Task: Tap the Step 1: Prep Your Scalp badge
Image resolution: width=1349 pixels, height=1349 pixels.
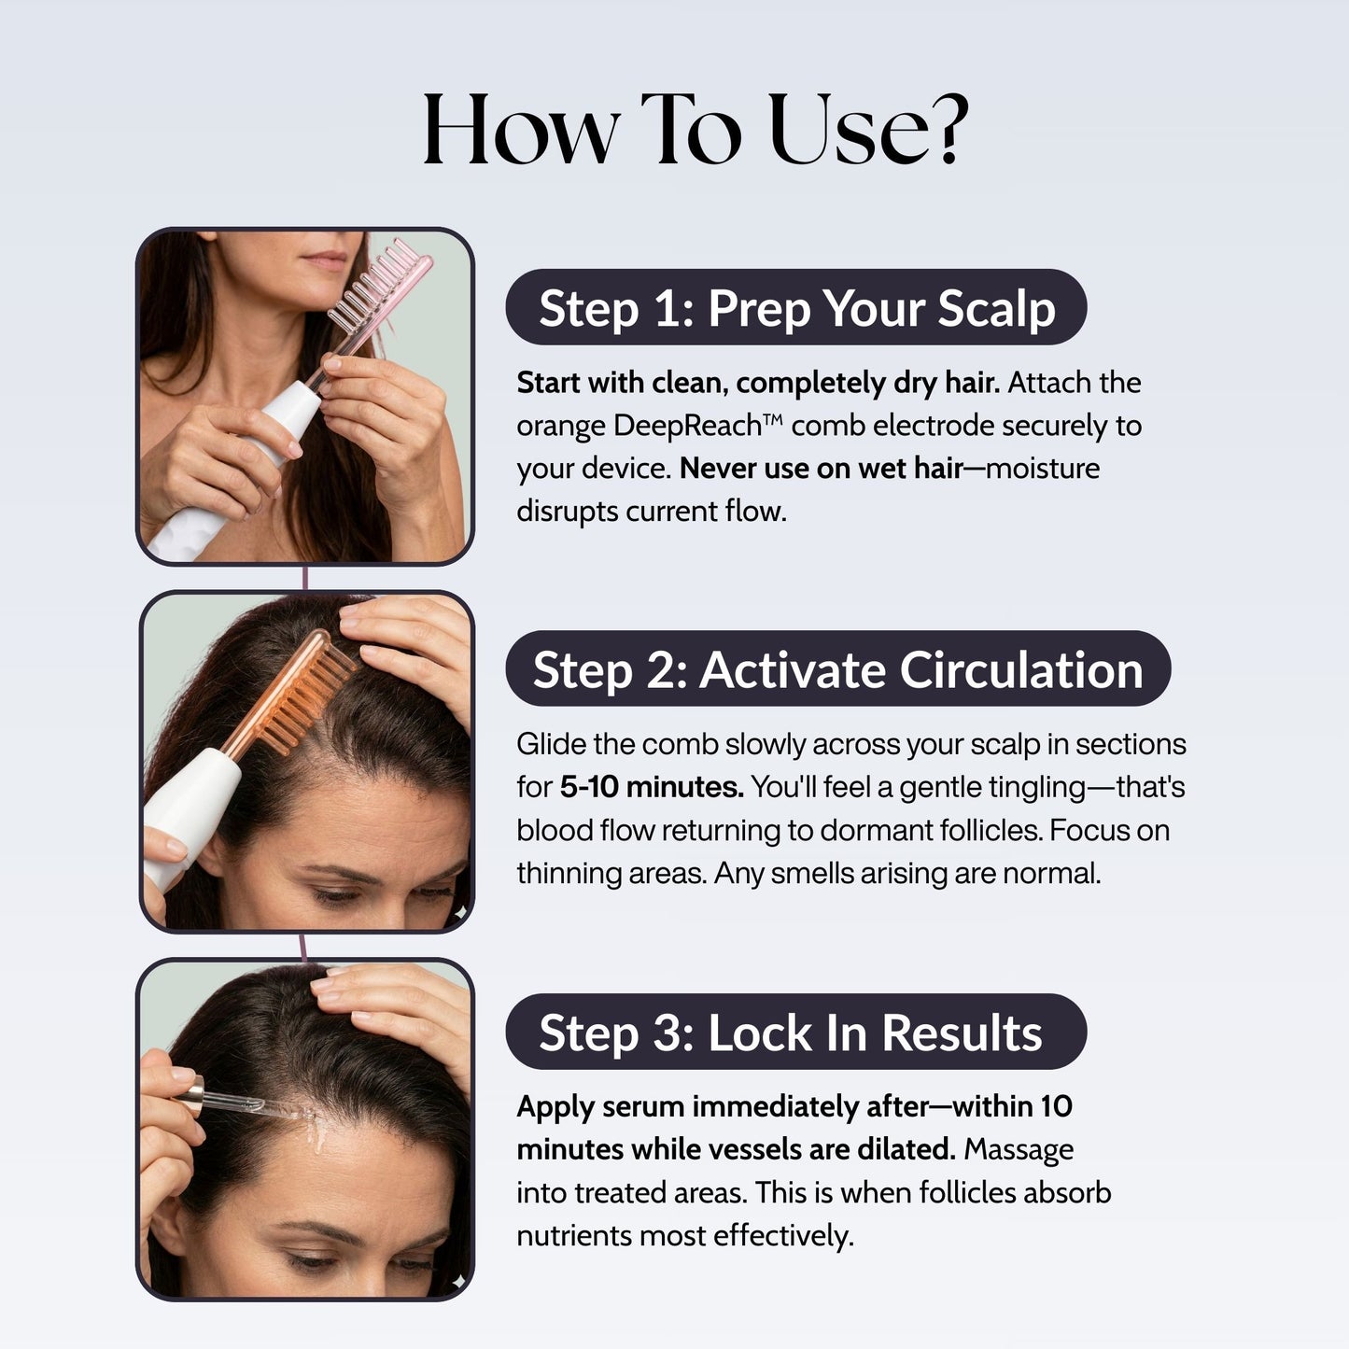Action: click(x=795, y=308)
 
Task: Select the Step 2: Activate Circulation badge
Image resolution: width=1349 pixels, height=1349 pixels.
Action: click(x=837, y=669)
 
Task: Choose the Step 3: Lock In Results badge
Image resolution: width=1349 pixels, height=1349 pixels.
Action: click(x=795, y=1033)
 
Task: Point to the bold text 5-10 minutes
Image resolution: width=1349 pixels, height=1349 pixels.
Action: click(x=652, y=787)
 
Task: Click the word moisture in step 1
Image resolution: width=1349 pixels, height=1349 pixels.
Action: click(x=1043, y=469)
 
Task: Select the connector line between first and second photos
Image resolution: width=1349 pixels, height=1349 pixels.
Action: click(x=305, y=578)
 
